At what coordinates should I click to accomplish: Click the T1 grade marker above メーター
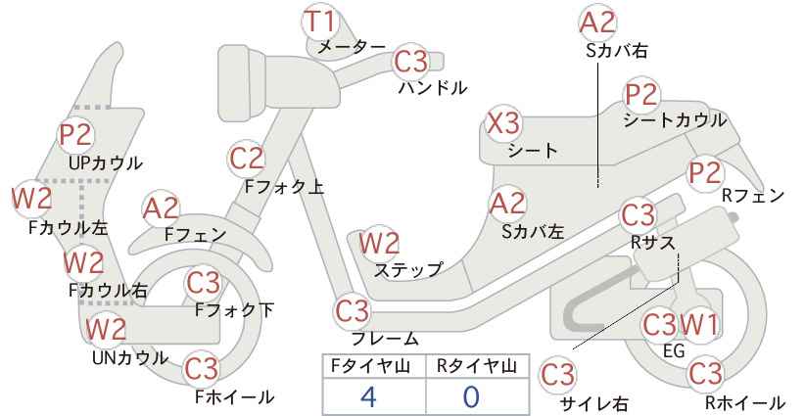tap(319, 23)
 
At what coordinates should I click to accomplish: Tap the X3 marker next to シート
tap(503, 124)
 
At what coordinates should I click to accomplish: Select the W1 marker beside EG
tap(699, 325)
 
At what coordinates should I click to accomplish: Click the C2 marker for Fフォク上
tap(247, 159)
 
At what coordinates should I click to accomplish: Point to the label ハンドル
tap(433, 88)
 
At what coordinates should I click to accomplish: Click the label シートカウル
tap(675, 120)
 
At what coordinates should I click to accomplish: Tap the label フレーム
tap(385, 338)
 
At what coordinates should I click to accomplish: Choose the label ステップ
tap(408, 269)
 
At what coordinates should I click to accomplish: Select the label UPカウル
tap(105, 163)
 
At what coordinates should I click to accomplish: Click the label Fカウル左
tap(69, 227)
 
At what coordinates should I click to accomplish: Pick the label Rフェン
tap(753, 196)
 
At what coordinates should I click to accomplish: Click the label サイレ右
tap(594, 403)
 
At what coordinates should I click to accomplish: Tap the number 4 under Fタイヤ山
tap(368, 396)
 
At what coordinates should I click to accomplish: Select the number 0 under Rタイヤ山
tap(471, 396)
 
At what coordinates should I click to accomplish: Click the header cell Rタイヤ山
tap(478, 366)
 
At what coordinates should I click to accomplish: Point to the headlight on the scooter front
tap(242, 80)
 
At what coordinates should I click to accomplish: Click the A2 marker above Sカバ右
tap(597, 23)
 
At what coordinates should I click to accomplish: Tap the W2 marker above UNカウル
tap(105, 329)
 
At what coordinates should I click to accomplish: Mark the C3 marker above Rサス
tap(638, 216)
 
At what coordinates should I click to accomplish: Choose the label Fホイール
tap(235, 396)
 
